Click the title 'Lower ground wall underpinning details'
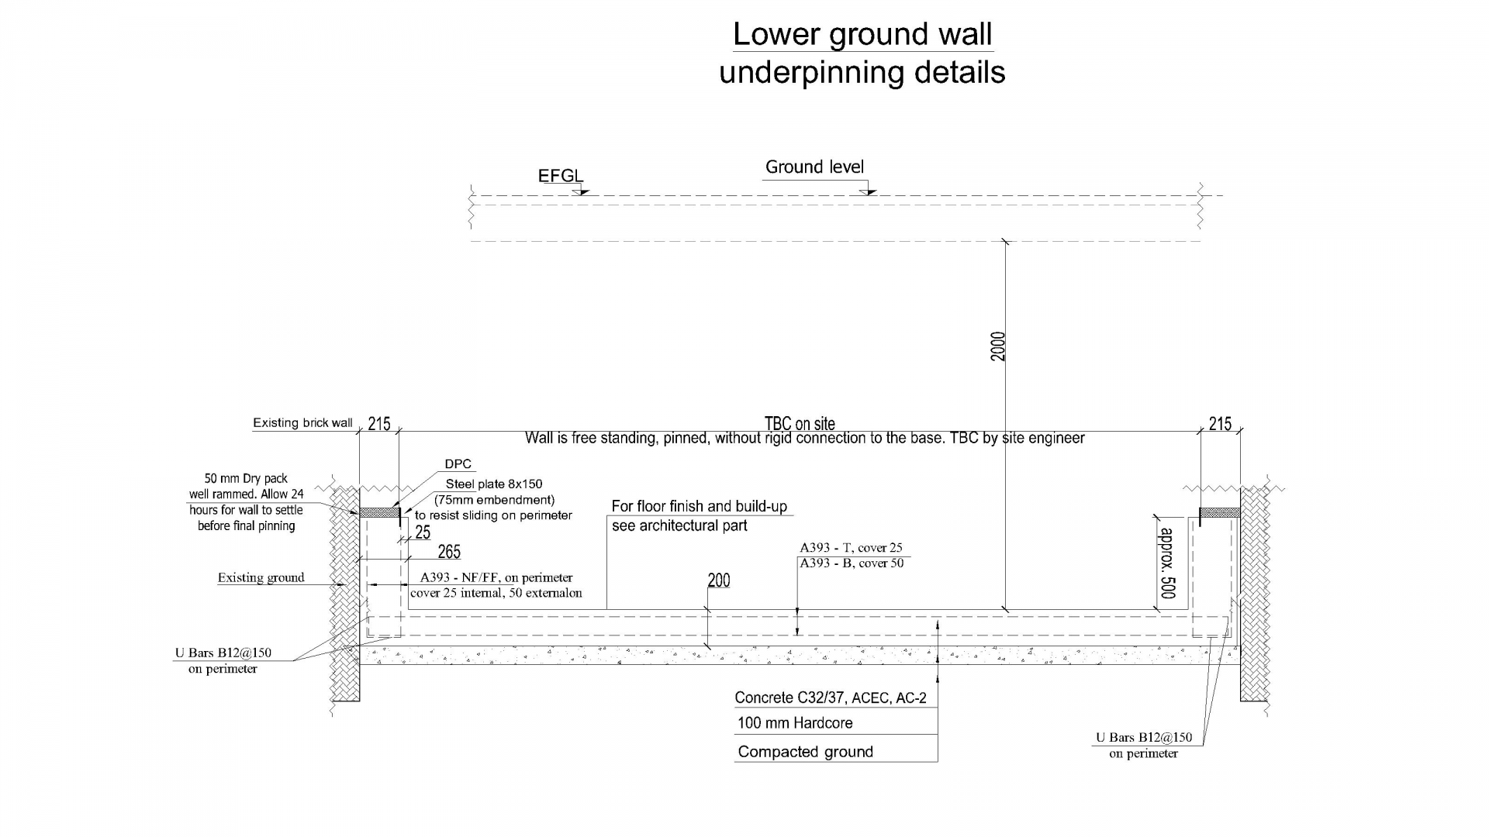click(862, 53)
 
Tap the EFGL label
click(560, 176)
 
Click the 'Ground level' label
click(814, 167)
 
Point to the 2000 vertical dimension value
click(998, 346)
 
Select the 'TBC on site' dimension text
click(800, 423)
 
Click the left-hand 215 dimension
click(379, 424)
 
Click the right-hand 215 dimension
click(1220, 424)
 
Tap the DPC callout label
click(458, 464)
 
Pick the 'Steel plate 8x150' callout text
click(494, 484)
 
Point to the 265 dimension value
click(449, 552)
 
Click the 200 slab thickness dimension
click(719, 580)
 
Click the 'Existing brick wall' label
click(302, 423)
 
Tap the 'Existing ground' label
click(261, 577)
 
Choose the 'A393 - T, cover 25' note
click(851, 548)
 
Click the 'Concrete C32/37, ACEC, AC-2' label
click(831, 697)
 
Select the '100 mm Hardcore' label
click(795, 723)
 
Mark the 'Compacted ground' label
click(805, 752)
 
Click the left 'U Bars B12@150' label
click(223, 653)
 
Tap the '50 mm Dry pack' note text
click(246, 479)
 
